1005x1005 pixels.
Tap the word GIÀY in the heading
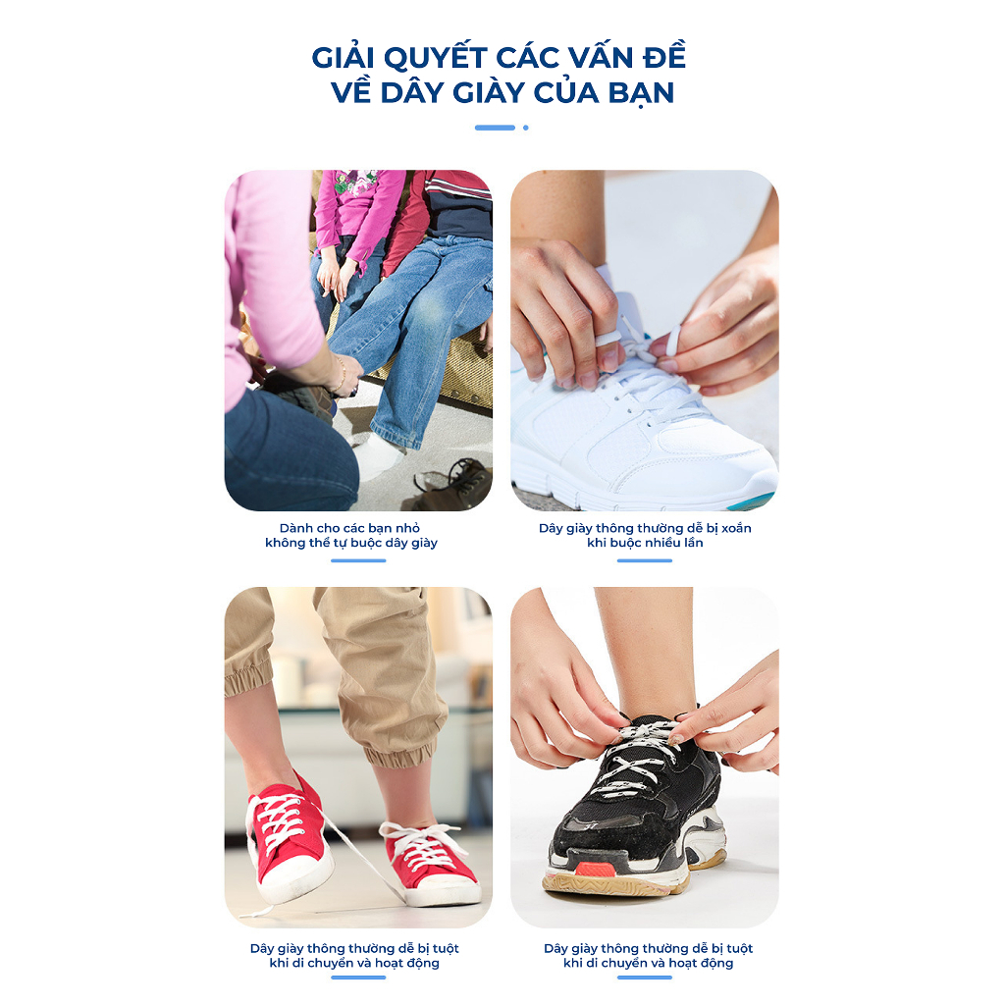[x=489, y=92]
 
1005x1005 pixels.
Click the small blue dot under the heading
[x=526, y=128]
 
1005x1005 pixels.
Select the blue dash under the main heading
[x=495, y=128]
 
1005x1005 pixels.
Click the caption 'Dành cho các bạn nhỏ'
[x=350, y=528]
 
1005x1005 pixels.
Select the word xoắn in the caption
[x=736, y=528]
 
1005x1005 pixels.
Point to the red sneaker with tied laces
[x=431, y=863]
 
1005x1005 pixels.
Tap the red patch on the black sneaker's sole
[x=596, y=870]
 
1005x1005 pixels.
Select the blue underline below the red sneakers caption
[x=358, y=978]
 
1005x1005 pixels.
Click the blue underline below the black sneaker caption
[x=645, y=978]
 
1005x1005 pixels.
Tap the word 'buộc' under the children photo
[x=362, y=543]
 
